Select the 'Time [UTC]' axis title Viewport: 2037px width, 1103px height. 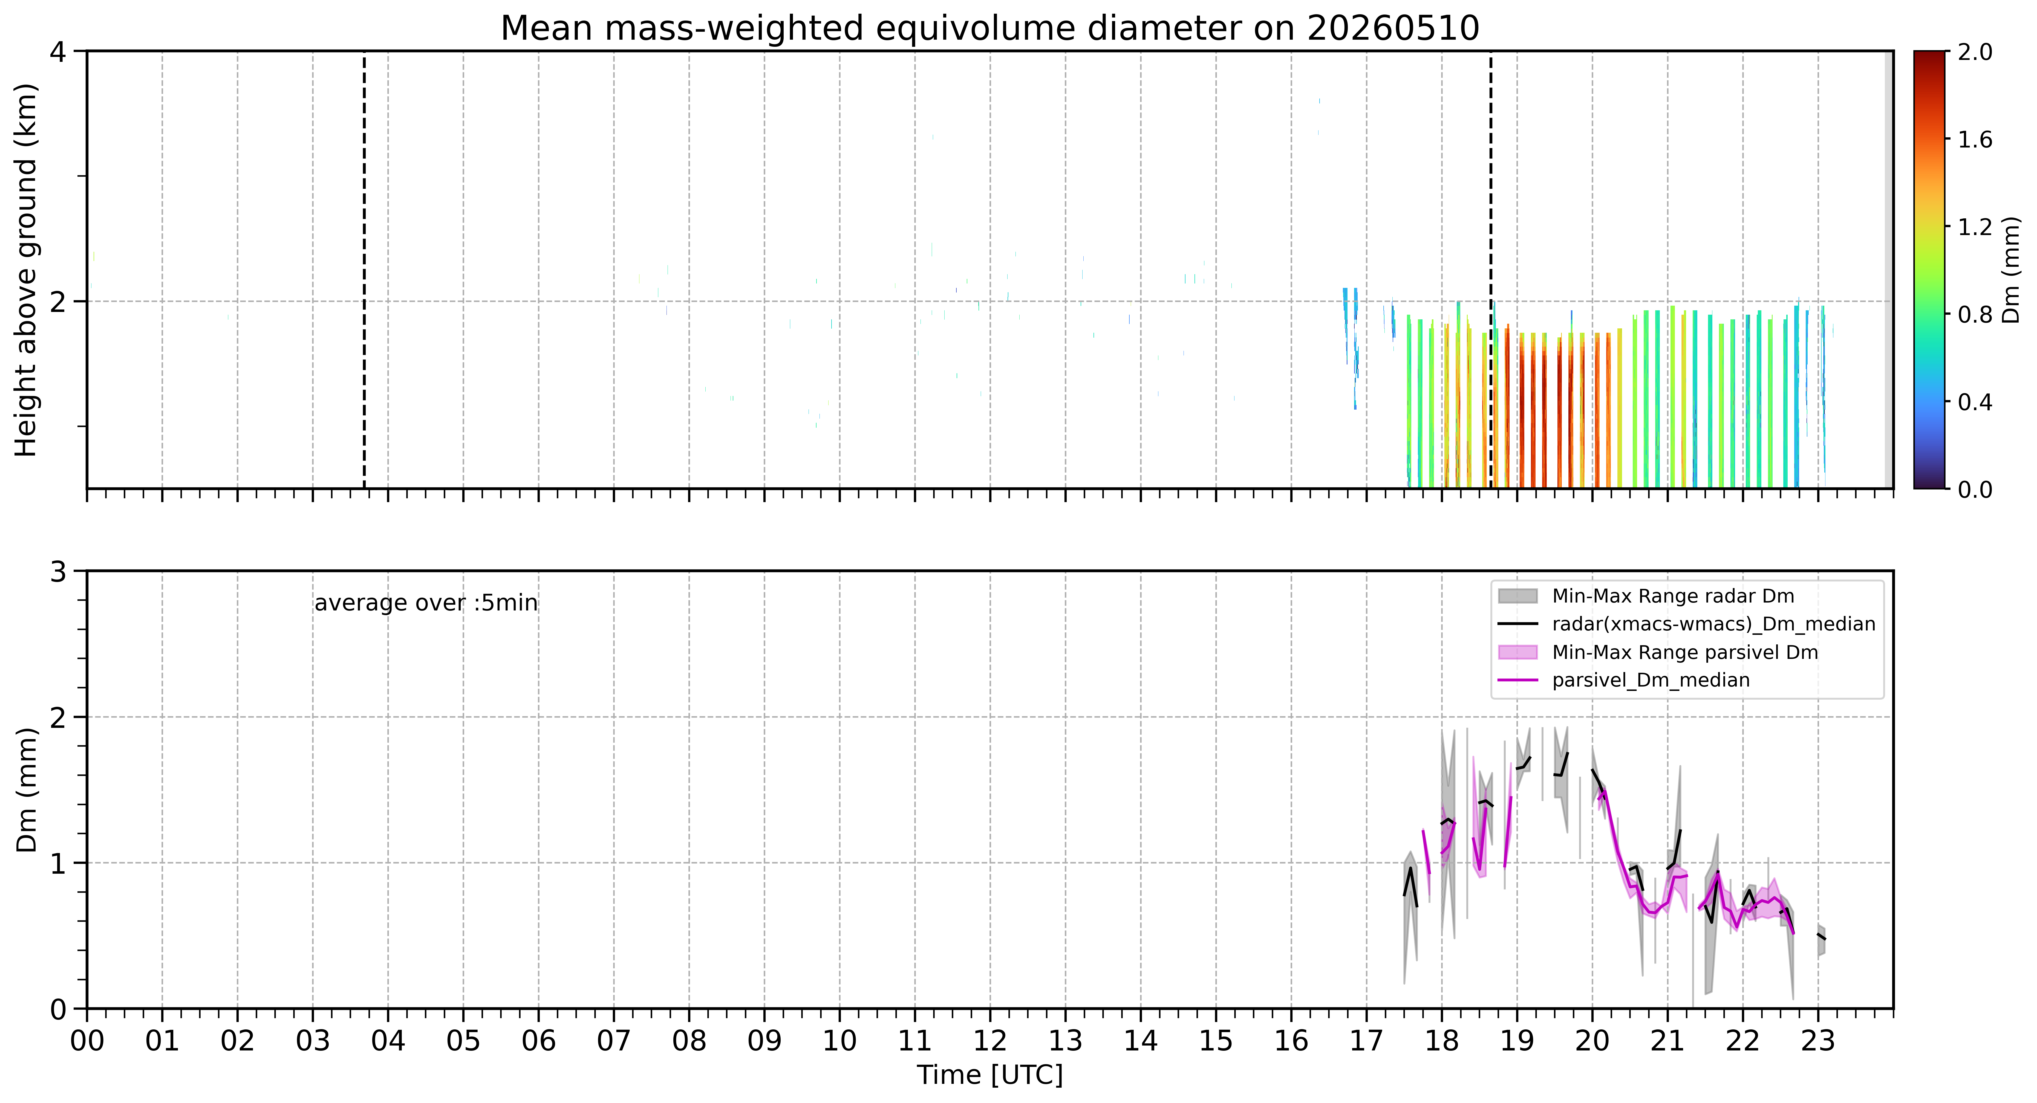click(x=990, y=1075)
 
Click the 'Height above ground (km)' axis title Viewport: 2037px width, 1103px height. click(x=26, y=270)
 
